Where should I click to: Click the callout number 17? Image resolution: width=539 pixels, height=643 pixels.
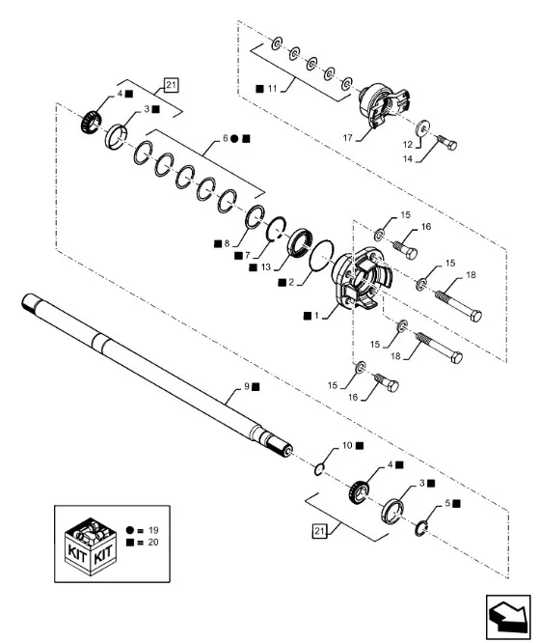[x=348, y=138]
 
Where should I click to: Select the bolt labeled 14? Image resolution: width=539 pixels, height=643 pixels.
[x=446, y=142]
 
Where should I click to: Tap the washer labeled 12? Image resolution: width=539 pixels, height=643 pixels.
[x=423, y=127]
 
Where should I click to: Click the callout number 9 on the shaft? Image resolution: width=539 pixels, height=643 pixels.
[x=247, y=386]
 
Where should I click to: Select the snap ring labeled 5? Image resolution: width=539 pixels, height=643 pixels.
[x=418, y=528]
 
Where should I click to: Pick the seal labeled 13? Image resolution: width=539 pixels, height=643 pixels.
[x=300, y=242]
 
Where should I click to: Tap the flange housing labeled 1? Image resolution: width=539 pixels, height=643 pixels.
[x=361, y=279]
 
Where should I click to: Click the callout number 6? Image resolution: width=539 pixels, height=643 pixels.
[x=226, y=139]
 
